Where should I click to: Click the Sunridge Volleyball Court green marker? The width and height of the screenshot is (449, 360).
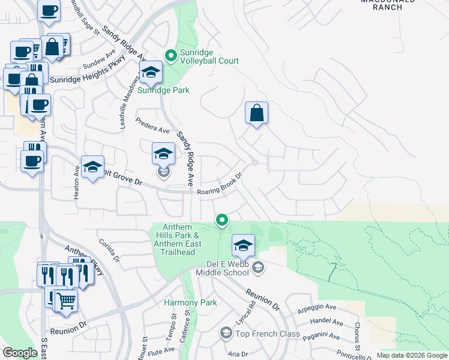[x=170, y=56]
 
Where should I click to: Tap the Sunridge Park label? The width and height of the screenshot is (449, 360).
[x=163, y=91]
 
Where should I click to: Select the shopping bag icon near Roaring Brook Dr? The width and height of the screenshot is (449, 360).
[x=256, y=113]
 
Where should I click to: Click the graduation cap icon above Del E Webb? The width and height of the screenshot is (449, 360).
[x=243, y=245]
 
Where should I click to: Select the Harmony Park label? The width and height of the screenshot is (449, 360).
[x=190, y=303]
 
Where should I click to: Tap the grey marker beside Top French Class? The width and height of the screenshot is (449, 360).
[x=226, y=332]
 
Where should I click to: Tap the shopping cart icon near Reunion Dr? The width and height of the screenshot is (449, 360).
[x=66, y=301]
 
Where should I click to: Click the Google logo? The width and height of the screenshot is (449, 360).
[x=20, y=353]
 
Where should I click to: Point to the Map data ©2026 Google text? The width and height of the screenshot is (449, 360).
[x=411, y=355]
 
